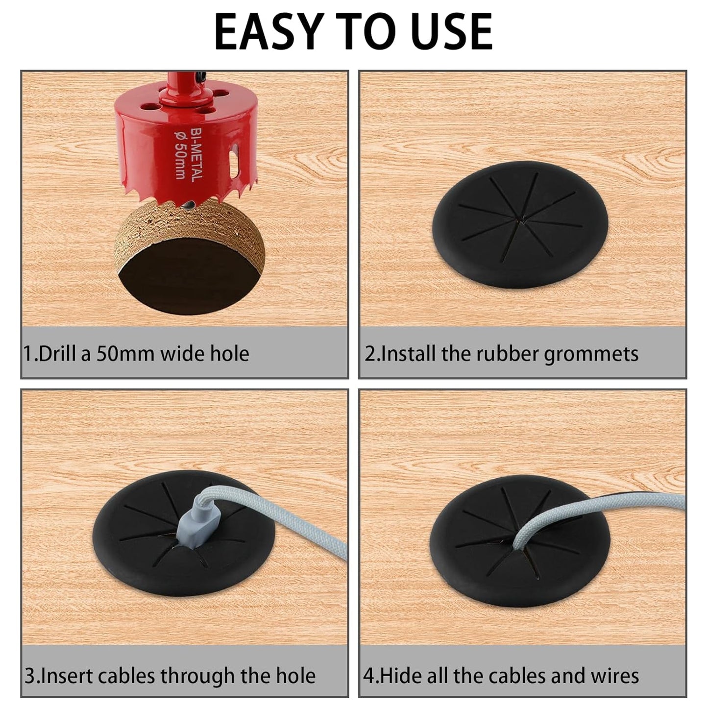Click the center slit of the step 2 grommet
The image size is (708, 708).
[x=524, y=220]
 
